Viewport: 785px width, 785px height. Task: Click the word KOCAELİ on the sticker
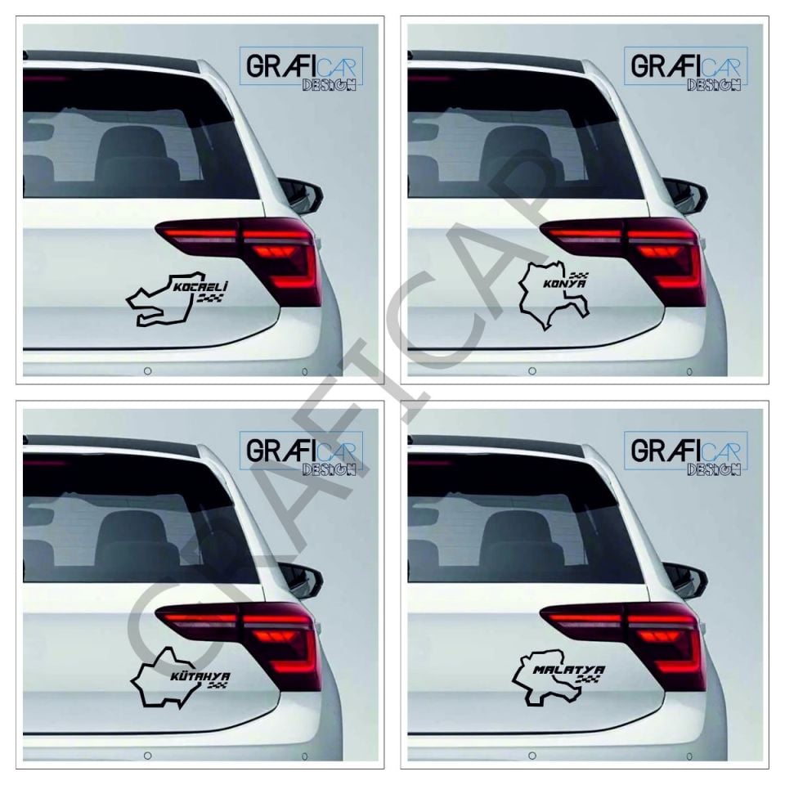pyautogui.click(x=200, y=287)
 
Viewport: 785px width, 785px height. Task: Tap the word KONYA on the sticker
pyautogui.click(x=564, y=284)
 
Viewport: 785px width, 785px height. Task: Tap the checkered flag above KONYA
pyautogui.click(x=579, y=273)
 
